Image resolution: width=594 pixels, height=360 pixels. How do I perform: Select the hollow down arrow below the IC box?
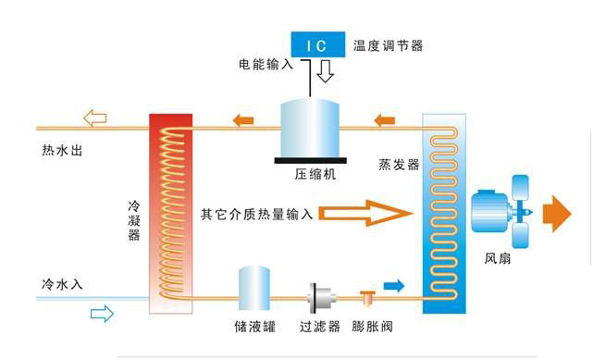pos(325,71)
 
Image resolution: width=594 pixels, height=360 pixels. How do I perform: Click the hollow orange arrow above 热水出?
pos(95,118)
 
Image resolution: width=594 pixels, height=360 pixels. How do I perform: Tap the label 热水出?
pos(62,150)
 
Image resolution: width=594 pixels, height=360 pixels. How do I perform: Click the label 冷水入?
pos(62,284)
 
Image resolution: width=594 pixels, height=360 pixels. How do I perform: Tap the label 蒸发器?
pos(399,164)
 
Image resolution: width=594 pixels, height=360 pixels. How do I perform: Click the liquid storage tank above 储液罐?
pos(254,290)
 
